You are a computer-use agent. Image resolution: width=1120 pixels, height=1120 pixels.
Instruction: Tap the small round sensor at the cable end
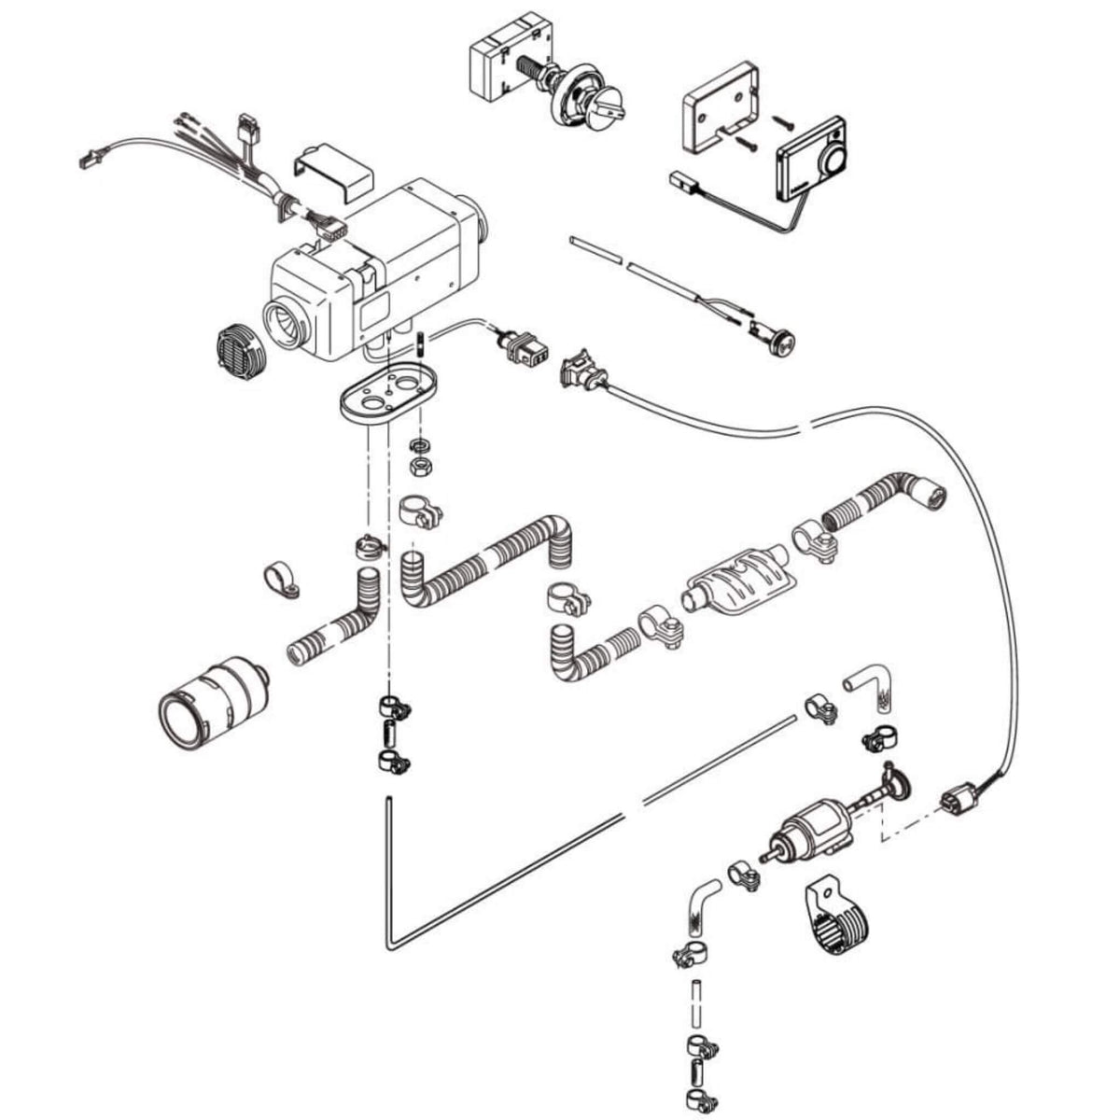pyautogui.click(x=780, y=342)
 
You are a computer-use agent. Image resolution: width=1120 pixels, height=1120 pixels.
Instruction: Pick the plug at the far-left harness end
pyautogui.click(x=89, y=159)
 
